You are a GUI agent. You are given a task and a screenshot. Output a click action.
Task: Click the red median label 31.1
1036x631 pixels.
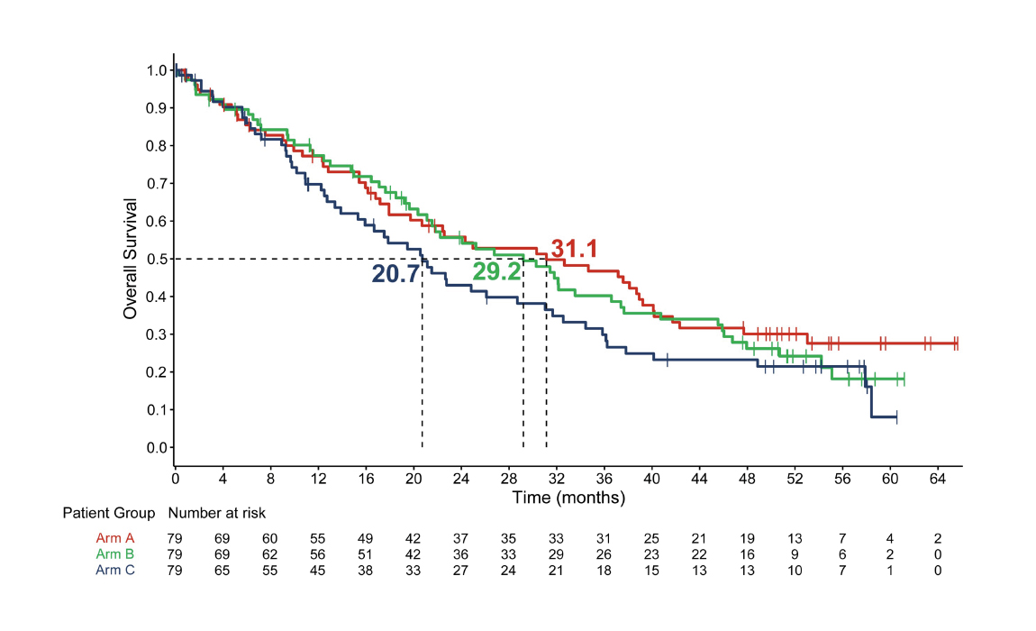click(575, 250)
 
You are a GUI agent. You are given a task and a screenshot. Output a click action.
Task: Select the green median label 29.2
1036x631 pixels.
click(496, 272)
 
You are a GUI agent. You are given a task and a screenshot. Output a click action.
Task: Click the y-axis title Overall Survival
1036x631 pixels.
click(131, 259)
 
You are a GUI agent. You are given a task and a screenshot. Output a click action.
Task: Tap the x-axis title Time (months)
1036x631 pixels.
click(568, 497)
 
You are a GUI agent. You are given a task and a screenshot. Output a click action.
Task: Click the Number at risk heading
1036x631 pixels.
click(216, 513)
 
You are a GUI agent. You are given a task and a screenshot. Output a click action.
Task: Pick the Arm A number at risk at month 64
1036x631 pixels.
click(937, 538)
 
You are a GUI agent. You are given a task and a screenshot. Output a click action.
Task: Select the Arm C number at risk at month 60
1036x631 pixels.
click(889, 569)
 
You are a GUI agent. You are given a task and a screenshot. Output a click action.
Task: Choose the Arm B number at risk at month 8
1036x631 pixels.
click(270, 553)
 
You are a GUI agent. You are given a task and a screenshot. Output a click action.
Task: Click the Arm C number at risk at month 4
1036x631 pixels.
click(223, 569)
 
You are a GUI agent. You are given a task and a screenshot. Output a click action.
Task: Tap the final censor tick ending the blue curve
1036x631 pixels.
click(896, 416)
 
